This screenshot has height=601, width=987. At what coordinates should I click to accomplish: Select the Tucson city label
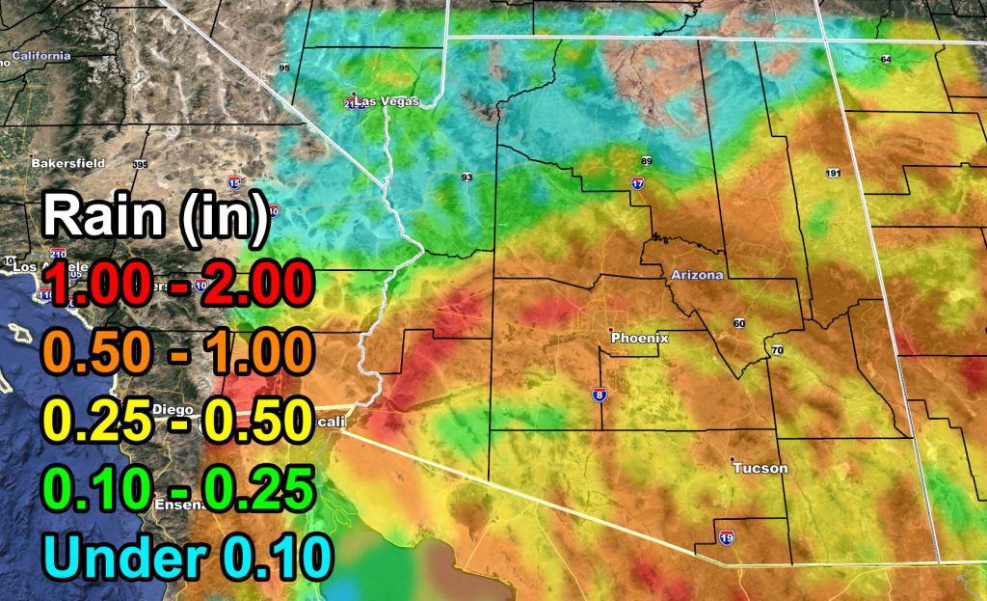pos(760,468)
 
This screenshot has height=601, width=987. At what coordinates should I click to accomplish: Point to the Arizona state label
pos(696,275)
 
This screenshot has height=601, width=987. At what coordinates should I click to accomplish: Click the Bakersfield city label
pos(67,163)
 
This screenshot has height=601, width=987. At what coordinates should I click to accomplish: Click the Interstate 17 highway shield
pos(637,182)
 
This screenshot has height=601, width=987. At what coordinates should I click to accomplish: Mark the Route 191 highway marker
pos(833,173)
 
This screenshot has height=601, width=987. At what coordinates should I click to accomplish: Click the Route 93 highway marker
pos(467,178)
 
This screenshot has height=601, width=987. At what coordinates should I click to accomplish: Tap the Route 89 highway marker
pos(647,160)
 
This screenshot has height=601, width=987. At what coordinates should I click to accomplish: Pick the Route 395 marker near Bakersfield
pos(141,164)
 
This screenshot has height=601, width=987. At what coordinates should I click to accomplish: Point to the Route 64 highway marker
pos(886,60)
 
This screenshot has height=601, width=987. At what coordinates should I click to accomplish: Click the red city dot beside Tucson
pos(732,459)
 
